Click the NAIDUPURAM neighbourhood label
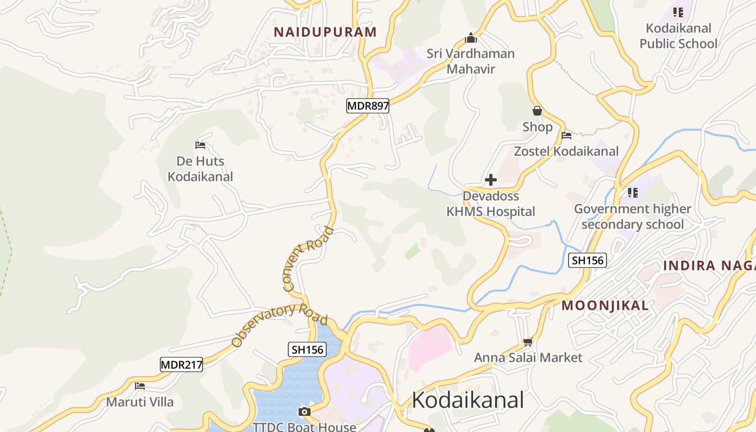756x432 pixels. (325, 32)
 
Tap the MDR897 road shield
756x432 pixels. (368, 106)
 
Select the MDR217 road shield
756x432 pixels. (182, 365)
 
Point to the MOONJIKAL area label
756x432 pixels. (605, 306)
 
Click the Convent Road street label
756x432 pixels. (308, 259)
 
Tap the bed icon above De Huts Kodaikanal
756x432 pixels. (200, 145)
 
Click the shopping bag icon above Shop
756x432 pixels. (537, 111)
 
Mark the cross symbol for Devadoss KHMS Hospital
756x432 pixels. (491, 179)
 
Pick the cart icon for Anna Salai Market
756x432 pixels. (528, 342)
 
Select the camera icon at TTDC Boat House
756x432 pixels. (305, 412)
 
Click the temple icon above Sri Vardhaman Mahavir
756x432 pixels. (471, 38)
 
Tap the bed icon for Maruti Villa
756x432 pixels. (140, 386)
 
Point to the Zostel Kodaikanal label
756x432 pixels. (566, 151)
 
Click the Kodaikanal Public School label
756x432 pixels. (679, 36)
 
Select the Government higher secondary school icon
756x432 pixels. (633, 193)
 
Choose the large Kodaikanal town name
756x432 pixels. (468, 400)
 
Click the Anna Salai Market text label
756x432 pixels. (528, 357)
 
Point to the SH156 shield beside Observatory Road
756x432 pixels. (307, 349)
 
